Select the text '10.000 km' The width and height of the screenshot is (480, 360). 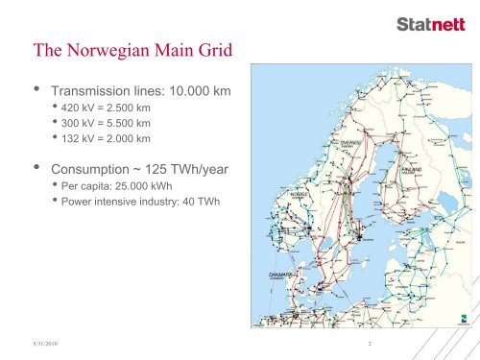pyautogui.click(x=200, y=91)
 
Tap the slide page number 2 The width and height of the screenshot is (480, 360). pyautogui.click(x=368, y=342)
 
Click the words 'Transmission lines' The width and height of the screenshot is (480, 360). pyautogui.click(x=105, y=91)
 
